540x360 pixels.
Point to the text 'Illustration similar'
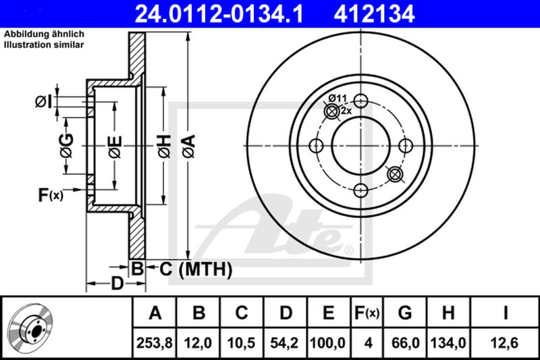click(x=44, y=45)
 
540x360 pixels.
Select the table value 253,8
click(x=156, y=343)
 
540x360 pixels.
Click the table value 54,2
click(x=286, y=343)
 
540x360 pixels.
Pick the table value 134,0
click(x=448, y=343)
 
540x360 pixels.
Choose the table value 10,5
click(x=242, y=343)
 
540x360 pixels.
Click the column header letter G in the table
click(x=405, y=313)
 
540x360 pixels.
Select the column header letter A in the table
click(x=156, y=313)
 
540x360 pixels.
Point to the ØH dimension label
click(x=164, y=145)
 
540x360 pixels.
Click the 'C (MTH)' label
click(x=196, y=270)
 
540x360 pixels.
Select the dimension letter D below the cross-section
click(x=116, y=284)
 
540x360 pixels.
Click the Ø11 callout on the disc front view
click(x=337, y=99)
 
